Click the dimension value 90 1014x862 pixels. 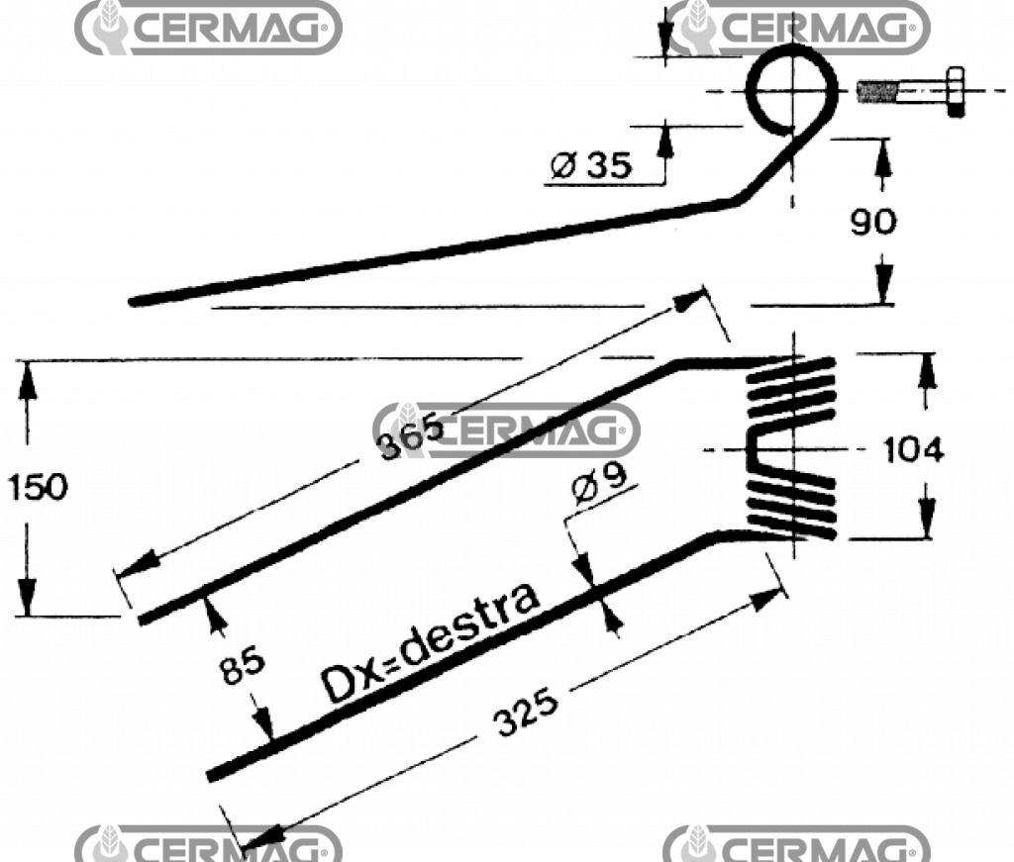[x=873, y=222]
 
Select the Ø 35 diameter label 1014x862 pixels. [x=590, y=165]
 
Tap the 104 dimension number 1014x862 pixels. [x=912, y=450]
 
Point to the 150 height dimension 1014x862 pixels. [x=38, y=487]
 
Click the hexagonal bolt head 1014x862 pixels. [x=955, y=92]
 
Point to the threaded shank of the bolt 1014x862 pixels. [x=878, y=93]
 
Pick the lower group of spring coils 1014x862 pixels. [x=792, y=505]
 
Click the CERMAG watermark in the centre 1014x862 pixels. [x=507, y=430]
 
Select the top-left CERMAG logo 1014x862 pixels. [x=208, y=28]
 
